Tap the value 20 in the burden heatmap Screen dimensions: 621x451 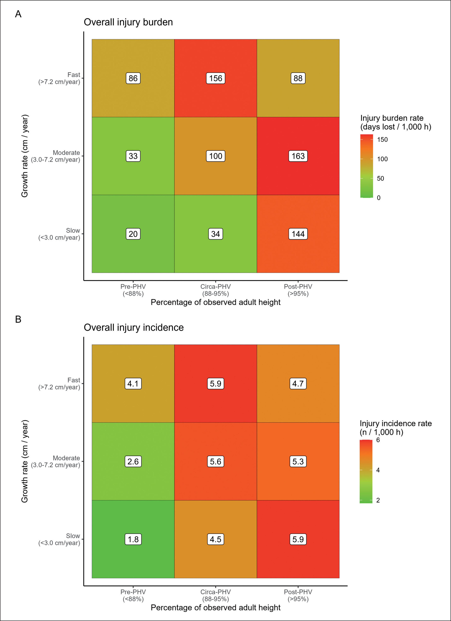pos(133,234)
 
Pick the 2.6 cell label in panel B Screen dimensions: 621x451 pos(133,461)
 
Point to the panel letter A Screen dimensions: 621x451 pos(18,14)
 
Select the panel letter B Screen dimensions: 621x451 pos(18,319)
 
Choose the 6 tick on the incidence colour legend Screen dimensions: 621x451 pos(378,440)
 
